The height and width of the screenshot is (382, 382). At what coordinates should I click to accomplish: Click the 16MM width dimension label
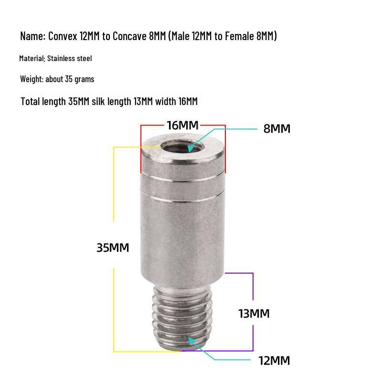(182, 126)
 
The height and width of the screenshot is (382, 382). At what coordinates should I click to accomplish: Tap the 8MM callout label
(277, 128)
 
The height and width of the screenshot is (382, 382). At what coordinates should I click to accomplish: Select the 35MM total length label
(113, 248)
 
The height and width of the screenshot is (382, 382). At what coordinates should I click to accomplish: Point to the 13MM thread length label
(254, 314)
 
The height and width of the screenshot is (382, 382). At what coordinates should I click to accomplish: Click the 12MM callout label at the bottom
(274, 361)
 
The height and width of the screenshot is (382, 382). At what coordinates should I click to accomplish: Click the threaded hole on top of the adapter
(182, 147)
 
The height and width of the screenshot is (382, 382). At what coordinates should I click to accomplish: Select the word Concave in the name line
(129, 36)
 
